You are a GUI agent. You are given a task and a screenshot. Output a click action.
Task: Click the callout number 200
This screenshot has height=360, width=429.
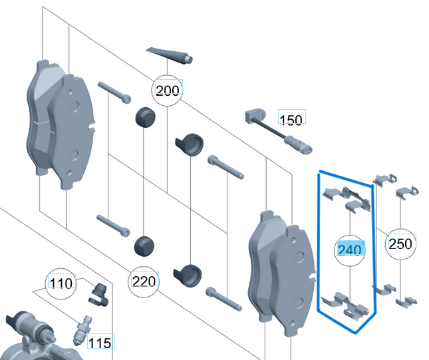coord(168,90)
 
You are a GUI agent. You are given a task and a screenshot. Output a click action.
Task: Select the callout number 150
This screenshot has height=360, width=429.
coord(291,120)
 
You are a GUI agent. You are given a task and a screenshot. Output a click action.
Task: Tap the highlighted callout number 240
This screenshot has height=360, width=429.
coord(350,250)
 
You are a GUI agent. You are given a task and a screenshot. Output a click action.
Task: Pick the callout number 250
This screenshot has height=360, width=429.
coord(400,244)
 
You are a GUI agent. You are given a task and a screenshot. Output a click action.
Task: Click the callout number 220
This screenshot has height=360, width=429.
coord(144,281)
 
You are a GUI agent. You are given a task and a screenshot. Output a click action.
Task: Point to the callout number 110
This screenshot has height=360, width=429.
coord(61,283)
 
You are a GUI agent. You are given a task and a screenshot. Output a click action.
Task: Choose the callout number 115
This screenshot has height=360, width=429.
coord(100,343)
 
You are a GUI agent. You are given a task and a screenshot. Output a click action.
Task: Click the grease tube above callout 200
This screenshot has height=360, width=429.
coord(169,55)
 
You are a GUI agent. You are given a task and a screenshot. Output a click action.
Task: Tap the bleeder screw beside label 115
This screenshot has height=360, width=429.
coord(82,331)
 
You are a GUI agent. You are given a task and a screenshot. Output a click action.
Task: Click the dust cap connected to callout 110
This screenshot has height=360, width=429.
coord(98,295)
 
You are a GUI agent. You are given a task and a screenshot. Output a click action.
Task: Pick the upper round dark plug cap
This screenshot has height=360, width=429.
coord(145,117)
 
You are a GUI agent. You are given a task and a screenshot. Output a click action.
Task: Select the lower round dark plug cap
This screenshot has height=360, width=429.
coord(144,246)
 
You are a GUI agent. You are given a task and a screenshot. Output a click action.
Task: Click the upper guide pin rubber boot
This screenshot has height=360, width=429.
coord(190,144)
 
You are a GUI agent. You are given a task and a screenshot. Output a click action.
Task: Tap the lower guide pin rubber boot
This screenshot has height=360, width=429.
coord(188,275)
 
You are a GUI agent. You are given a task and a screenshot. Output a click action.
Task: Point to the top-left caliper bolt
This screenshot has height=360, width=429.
coord(114,92)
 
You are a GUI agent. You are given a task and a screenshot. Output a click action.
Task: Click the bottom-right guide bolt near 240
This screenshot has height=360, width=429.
coord(223,299)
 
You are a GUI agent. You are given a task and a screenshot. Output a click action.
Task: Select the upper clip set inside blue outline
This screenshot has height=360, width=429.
coord(347,199)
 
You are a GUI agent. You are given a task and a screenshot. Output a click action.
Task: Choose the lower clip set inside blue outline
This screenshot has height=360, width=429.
coord(345,306)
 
